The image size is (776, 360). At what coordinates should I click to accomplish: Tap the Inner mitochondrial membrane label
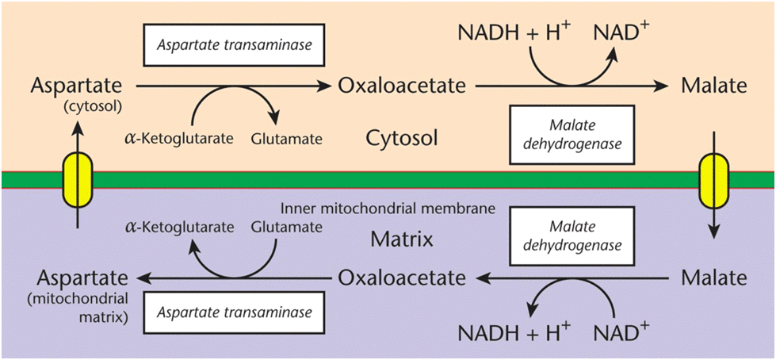(x=388, y=209)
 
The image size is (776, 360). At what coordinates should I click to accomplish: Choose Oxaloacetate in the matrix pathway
(x=401, y=278)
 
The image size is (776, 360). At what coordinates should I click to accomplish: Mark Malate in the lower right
(x=713, y=278)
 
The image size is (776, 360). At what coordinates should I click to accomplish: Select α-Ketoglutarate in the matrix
(x=179, y=228)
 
